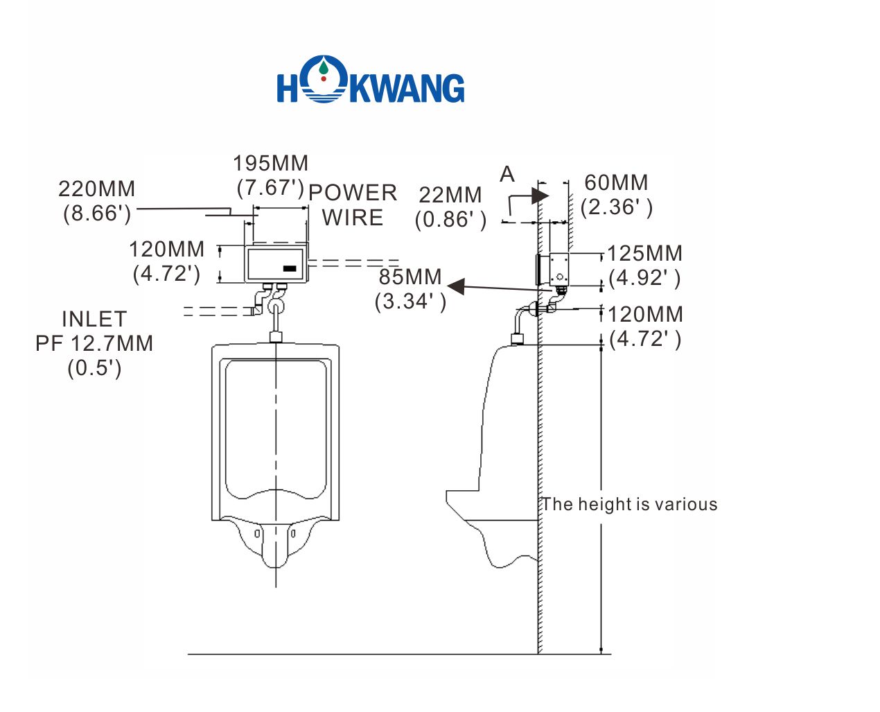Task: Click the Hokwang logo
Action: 371,80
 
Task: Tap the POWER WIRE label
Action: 353,205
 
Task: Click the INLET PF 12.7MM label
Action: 94,342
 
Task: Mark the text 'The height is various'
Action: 629,504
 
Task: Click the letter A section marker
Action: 507,174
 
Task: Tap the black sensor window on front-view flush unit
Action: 290,268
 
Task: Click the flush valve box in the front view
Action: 276,264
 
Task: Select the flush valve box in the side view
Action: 558,269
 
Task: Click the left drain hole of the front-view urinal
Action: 257,533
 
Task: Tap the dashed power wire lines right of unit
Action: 353,263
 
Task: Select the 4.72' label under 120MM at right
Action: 645,339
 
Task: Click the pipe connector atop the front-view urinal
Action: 276,337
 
